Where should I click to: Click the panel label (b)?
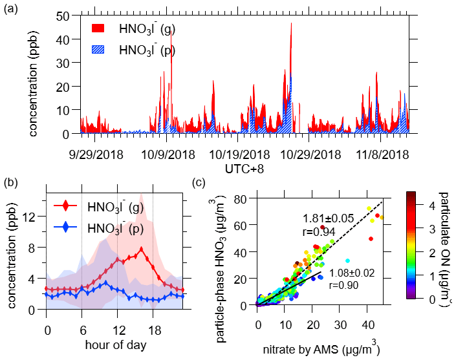coord(11,183)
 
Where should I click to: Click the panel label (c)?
coord(202,183)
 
